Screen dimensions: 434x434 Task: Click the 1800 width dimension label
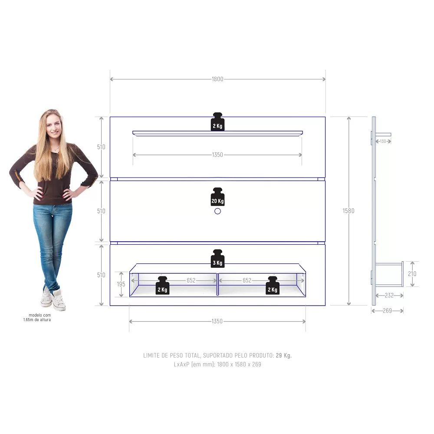tap(217, 79)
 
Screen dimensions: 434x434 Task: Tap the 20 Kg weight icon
tap(217, 197)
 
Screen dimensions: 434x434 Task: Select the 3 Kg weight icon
tap(217, 259)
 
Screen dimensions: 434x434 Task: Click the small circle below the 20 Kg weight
tap(217, 211)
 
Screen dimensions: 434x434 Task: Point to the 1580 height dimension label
tap(349, 211)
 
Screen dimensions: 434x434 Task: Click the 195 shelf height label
tap(121, 284)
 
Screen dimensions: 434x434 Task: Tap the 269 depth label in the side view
tap(387, 311)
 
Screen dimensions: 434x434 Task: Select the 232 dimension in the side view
tap(389, 296)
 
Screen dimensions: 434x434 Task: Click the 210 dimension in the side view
tap(412, 274)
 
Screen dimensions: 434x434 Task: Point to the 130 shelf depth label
tap(383, 141)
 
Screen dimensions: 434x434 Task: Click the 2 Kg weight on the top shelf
tap(217, 122)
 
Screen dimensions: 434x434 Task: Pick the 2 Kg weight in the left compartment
tap(162, 286)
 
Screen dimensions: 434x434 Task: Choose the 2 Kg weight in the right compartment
tap(273, 286)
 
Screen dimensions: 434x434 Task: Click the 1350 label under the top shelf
tap(217, 155)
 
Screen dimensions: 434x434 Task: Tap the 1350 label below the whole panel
tap(217, 321)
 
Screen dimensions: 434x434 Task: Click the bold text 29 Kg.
tap(284, 355)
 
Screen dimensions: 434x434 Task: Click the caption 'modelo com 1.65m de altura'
tap(37, 318)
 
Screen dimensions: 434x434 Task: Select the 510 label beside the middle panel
tap(101, 211)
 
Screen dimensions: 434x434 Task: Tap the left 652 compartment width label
tap(191, 280)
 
